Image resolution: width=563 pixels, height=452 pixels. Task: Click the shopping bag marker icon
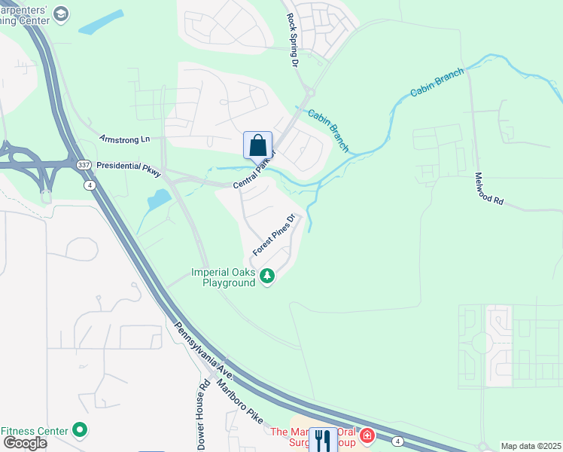coord(257,145)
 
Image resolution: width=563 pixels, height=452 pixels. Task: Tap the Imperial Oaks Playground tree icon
coord(267,277)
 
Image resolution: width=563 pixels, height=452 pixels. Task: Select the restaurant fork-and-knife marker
coord(323,439)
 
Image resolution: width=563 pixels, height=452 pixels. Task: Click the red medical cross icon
coord(367,435)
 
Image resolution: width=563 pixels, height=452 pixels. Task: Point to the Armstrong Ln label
coord(125,139)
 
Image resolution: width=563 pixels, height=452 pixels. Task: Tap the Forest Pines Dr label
coord(272,234)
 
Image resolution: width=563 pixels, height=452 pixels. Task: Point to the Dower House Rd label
coord(202,414)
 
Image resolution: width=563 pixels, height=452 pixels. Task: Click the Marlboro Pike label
coord(241,402)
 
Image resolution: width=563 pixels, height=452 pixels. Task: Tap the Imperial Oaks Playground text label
coord(224,277)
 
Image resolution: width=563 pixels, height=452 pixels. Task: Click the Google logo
coord(24,442)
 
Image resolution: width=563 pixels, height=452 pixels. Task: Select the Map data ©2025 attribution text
coord(531,446)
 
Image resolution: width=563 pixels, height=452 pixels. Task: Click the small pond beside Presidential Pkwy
coord(159,200)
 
